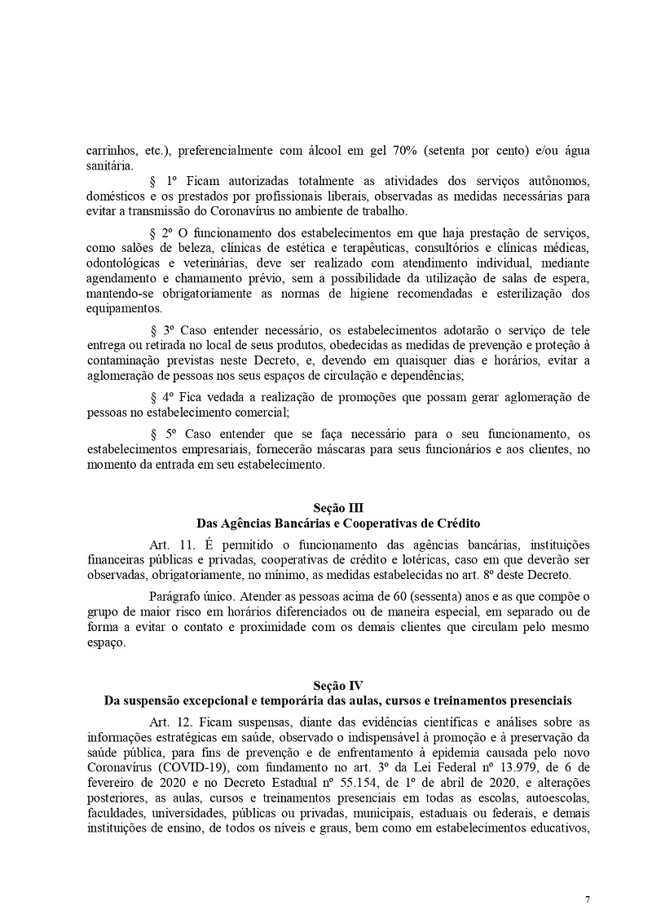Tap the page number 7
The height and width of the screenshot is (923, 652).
coord(588,900)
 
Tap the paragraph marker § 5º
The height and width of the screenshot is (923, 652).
coord(164,434)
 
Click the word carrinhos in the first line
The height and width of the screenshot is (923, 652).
coord(112,151)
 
